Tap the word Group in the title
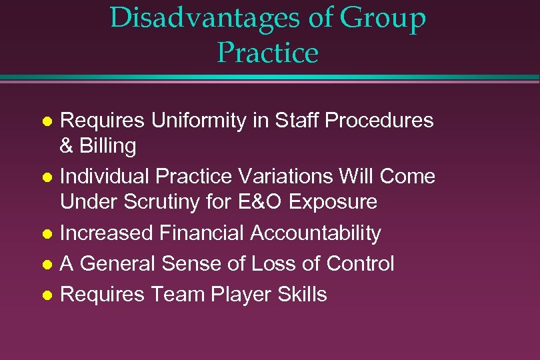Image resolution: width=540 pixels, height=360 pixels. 383,18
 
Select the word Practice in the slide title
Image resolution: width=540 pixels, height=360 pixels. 267,53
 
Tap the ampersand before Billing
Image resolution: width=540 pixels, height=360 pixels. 67,146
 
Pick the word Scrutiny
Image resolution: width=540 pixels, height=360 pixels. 161,202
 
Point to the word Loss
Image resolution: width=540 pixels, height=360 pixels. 269,264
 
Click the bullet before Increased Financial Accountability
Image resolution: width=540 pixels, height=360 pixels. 47,234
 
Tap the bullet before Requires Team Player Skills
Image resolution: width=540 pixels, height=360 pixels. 47,295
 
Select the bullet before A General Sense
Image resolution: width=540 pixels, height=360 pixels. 47,265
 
